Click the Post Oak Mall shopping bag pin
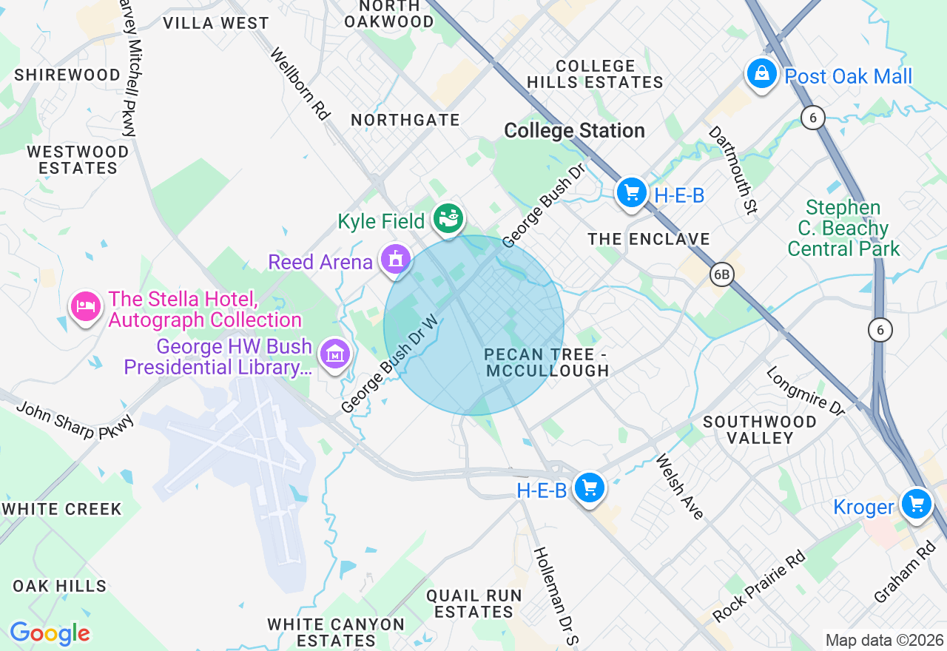(x=761, y=74)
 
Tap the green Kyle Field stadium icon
(x=448, y=218)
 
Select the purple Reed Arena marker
(x=395, y=260)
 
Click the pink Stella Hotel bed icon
(x=86, y=306)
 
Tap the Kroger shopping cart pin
(x=917, y=504)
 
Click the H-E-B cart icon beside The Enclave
(x=631, y=193)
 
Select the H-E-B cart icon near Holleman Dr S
(x=590, y=488)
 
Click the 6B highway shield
(x=721, y=275)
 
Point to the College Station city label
(x=574, y=131)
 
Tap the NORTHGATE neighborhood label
(x=405, y=120)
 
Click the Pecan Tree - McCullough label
(x=547, y=362)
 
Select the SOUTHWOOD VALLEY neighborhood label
(x=760, y=430)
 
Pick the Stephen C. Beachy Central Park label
(x=843, y=228)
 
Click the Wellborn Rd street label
(x=300, y=84)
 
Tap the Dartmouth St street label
(x=733, y=169)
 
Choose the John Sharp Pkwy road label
(x=75, y=420)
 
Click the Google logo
(x=50, y=633)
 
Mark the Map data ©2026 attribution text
(x=884, y=640)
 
